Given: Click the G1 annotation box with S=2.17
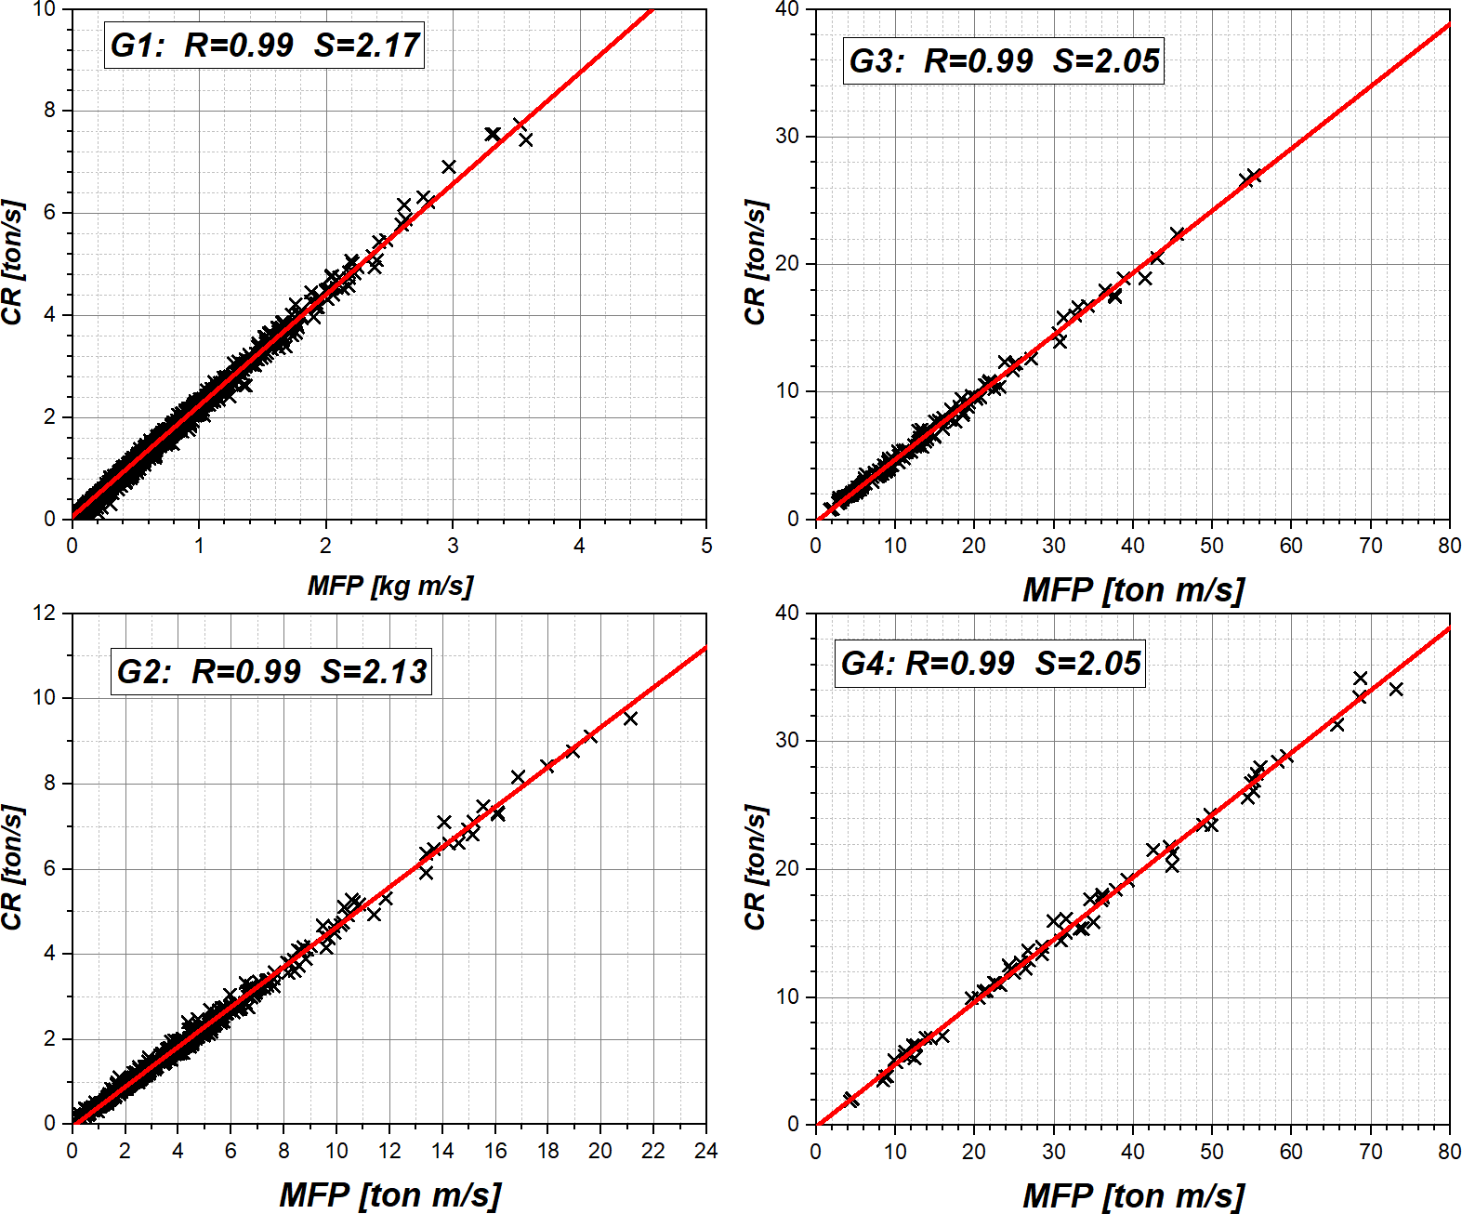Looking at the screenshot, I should pyautogui.click(x=265, y=45).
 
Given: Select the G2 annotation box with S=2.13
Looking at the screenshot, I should pyautogui.click(x=271, y=671).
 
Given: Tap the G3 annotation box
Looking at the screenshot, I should pyautogui.click(x=1004, y=61).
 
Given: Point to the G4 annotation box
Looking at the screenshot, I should pyautogui.click(x=990, y=664).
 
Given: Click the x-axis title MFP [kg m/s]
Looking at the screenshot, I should pyautogui.click(x=389, y=586).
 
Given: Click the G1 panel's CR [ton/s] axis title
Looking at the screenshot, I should pyautogui.click(x=13, y=263).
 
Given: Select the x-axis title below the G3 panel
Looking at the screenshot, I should pyautogui.click(x=1133, y=589).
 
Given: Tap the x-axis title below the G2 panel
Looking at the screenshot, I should pyautogui.click(x=389, y=1194).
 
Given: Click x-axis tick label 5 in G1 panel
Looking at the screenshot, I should pyautogui.click(x=706, y=547).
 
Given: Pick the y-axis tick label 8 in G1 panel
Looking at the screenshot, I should pyautogui.click(x=50, y=111).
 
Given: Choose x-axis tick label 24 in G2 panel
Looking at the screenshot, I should pyautogui.click(x=706, y=1152).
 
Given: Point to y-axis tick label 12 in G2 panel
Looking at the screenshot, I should pyautogui.click(x=45, y=614).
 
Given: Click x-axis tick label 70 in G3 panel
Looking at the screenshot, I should pyautogui.click(x=1371, y=547).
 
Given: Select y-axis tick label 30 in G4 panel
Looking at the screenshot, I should pyautogui.click(x=787, y=741).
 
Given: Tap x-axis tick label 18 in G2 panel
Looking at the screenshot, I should pyautogui.click(x=548, y=1152).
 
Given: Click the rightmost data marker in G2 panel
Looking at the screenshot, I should pyautogui.click(x=630, y=719).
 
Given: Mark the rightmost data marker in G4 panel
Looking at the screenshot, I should pyautogui.click(x=1396, y=689).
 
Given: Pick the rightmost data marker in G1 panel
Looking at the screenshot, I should pyautogui.click(x=526, y=139).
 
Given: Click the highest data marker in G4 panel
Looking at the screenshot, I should pyautogui.click(x=1361, y=679).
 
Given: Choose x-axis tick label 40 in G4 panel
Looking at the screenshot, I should pyautogui.click(x=1133, y=1152).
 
